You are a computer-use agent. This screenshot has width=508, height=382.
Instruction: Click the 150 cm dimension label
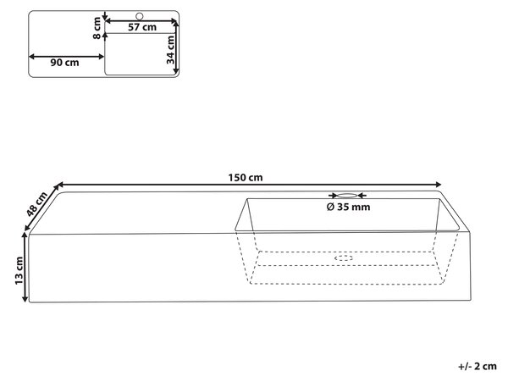[x=246, y=178]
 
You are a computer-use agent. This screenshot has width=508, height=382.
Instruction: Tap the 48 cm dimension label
[x=36, y=204]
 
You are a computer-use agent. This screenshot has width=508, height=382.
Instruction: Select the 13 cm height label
[x=19, y=270]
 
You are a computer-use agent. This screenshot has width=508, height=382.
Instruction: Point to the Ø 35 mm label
[x=348, y=207]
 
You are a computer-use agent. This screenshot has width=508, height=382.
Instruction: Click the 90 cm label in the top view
[x=64, y=63]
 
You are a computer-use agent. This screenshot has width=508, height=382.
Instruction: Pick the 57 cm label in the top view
[x=142, y=27]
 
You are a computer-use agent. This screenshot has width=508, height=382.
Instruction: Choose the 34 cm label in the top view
[x=170, y=50]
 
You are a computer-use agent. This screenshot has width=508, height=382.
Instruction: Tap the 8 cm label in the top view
[x=97, y=29]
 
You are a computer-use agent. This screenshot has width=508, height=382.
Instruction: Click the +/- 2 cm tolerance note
[x=478, y=366]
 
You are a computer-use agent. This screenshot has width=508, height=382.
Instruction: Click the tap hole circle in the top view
[x=140, y=16]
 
